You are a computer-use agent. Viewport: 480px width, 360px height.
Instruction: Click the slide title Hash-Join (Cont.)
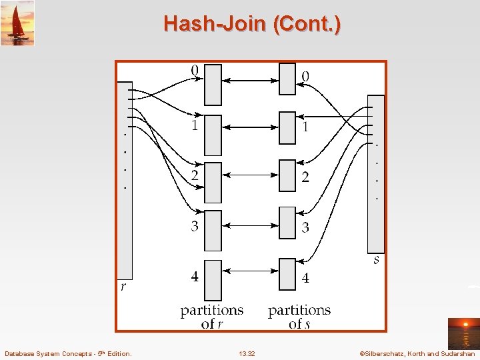252,25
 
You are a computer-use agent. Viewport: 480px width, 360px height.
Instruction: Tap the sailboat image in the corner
17,23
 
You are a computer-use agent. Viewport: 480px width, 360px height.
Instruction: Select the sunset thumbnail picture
463,333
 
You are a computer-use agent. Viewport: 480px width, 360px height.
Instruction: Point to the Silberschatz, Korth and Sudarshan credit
417,353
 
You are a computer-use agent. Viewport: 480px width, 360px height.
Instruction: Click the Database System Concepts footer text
68,353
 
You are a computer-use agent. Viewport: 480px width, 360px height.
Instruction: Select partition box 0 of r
213,85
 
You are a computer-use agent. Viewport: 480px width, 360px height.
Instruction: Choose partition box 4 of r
213,280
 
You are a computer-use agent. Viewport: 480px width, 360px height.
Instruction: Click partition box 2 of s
287,181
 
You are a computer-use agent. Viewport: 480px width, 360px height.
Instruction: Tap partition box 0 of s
287,79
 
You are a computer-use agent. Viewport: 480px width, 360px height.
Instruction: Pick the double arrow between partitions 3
250,225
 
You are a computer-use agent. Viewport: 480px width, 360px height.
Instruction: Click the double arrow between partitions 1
250,127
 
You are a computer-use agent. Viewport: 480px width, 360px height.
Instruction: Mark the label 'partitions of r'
212,317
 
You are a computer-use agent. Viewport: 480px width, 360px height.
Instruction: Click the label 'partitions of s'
299,317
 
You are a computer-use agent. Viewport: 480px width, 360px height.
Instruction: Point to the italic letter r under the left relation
123,287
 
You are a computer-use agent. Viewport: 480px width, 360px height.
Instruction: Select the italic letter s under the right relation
377,260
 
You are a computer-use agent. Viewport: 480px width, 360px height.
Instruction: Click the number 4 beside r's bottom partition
195,276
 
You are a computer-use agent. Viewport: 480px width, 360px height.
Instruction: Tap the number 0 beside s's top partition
305,77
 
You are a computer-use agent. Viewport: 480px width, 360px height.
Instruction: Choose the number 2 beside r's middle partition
195,176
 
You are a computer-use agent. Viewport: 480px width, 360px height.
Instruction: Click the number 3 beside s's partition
305,228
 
